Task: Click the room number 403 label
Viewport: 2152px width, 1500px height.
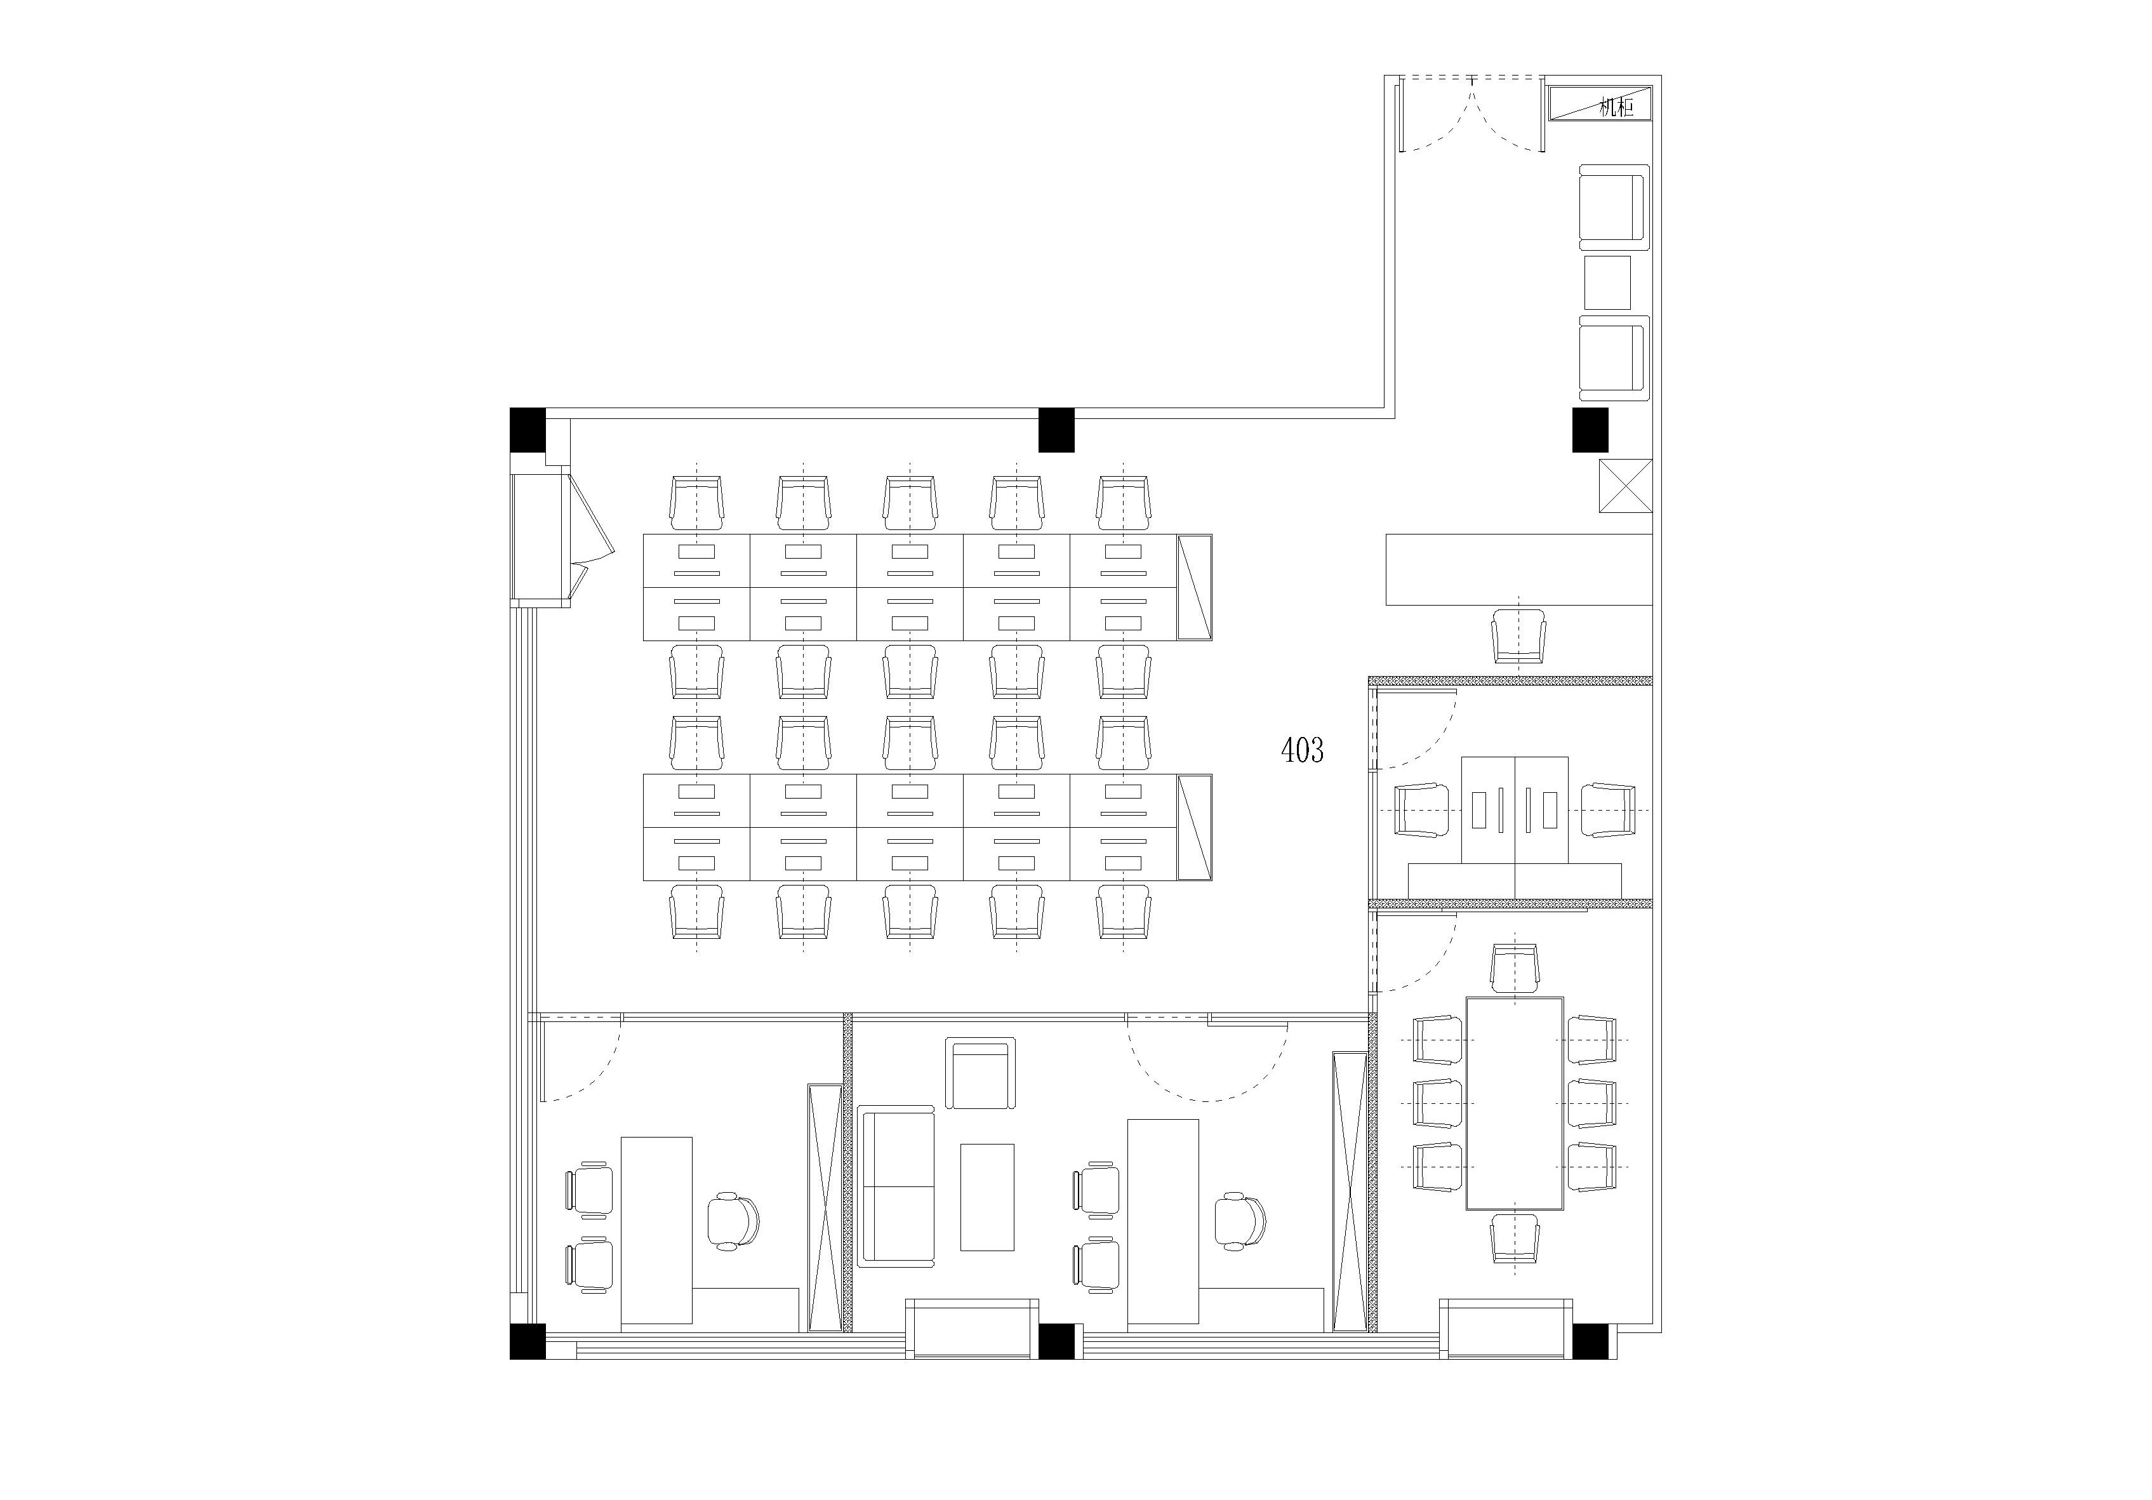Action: pyautogui.click(x=1302, y=750)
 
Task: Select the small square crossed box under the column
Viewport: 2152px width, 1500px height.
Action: pyautogui.click(x=1625, y=486)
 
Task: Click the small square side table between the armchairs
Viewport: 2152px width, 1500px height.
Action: pyautogui.click(x=1607, y=282)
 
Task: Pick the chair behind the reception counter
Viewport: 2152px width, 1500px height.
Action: pyautogui.click(x=1518, y=635)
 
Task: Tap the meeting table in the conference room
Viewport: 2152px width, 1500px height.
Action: pyautogui.click(x=1515, y=1103)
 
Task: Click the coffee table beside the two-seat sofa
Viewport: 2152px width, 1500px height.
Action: pyautogui.click(x=987, y=1197)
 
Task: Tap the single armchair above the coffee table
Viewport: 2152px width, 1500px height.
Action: pyautogui.click(x=980, y=1073)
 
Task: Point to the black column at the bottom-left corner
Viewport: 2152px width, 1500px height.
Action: pyautogui.click(x=528, y=1341)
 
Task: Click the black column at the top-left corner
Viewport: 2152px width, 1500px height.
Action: pyautogui.click(x=528, y=430)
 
